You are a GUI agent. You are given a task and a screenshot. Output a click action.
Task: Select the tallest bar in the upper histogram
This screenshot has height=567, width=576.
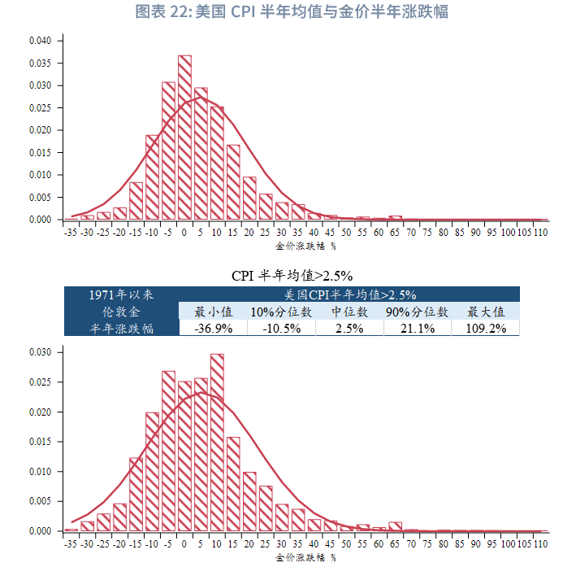click(184, 137)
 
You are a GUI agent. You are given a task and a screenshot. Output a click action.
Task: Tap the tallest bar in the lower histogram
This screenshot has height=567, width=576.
click(217, 443)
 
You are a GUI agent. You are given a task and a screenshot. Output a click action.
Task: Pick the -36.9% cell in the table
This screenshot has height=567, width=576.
click(214, 329)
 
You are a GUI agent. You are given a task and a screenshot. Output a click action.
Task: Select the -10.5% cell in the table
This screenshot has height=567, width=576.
click(282, 329)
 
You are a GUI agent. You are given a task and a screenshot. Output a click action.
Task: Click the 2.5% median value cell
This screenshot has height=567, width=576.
click(350, 329)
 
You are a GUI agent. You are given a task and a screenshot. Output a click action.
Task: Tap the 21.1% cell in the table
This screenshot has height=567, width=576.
click(418, 329)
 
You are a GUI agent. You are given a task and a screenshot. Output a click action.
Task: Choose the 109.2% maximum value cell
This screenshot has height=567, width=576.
click(487, 329)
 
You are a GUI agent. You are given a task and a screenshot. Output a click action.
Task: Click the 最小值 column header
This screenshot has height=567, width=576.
click(214, 312)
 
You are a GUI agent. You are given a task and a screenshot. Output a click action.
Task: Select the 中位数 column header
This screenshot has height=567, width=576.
click(350, 312)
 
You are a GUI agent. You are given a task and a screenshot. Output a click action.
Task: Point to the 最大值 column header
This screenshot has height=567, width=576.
click(487, 312)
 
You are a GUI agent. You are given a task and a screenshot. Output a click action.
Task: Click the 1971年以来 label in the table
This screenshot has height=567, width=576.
click(121, 294)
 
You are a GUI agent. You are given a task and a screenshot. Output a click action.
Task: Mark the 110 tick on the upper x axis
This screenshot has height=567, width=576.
click(541, 232)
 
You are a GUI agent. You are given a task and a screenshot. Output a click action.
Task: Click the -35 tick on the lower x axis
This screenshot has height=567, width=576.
click(71, 543)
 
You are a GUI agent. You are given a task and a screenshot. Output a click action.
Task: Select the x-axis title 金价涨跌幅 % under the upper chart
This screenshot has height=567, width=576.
click(305, 245)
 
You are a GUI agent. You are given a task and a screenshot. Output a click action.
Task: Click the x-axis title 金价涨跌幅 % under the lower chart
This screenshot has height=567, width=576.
click(305, 557)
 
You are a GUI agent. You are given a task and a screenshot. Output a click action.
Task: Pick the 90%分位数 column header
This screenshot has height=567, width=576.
click(418, 312)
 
